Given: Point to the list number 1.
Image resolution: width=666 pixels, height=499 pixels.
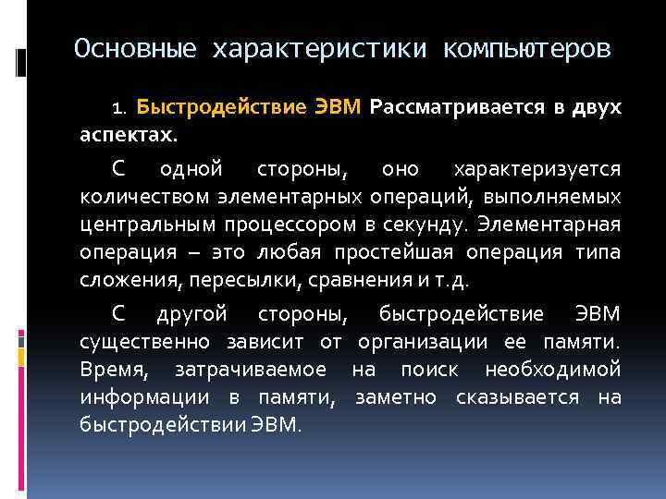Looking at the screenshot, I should point(117,109).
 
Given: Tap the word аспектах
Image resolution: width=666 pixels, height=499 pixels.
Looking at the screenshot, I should point(127,135).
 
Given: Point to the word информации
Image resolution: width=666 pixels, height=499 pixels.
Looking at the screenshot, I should point(137,397).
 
